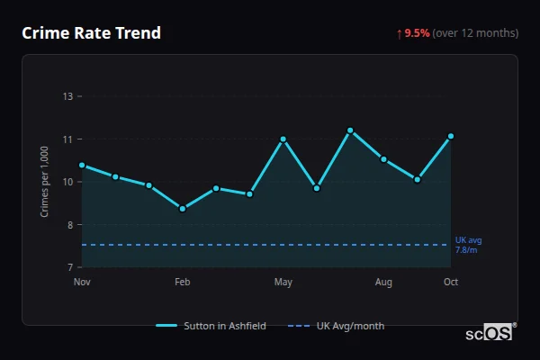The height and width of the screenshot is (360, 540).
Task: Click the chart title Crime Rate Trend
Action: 92,33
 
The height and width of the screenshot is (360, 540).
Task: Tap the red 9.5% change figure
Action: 417,33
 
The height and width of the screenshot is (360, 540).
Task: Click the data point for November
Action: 82,165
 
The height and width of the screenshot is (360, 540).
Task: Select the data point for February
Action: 183,209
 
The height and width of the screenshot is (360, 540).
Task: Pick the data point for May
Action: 283,139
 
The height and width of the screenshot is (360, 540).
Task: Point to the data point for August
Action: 383,159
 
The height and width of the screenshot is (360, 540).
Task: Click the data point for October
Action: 451,136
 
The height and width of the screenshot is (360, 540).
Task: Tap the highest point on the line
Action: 350,130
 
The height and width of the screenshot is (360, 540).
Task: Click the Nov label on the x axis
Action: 82,283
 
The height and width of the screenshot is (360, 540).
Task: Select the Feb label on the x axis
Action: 183,283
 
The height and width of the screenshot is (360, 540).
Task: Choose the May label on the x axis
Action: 283,283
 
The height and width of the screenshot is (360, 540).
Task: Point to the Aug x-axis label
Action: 383,283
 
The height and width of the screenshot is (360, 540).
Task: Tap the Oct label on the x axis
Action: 451,283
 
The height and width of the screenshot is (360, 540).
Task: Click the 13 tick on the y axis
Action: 68,96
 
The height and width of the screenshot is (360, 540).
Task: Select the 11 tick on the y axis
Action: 68,139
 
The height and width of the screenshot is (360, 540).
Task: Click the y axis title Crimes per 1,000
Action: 44,181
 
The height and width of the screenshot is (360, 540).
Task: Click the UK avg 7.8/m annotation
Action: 468,245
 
